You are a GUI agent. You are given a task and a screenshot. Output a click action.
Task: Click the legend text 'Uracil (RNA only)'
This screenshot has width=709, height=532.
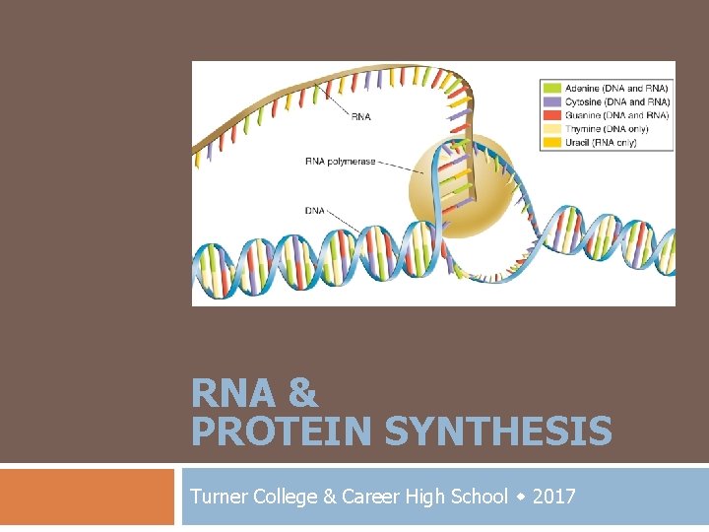[x=602, y=143]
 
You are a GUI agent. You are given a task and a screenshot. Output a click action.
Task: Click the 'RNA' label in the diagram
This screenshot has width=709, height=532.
[x=360, y=117]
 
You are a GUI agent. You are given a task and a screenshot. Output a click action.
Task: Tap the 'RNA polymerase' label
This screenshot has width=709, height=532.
[x=340, y=162]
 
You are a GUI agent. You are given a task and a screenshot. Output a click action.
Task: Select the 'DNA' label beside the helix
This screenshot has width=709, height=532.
[x=315, y=209]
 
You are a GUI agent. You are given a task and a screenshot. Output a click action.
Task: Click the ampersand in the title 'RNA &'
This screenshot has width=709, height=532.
[x=304, y=394]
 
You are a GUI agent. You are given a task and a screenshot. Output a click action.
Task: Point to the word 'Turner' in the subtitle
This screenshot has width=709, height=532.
[x=218, y=497]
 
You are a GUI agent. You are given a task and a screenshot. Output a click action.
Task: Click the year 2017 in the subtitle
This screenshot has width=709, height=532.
[x=554, y=497]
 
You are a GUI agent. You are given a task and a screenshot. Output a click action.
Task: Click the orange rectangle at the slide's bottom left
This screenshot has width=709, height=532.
[x=87, y=497]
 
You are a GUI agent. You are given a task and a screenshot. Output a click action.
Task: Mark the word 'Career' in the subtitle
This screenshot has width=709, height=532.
[x=370, y=497]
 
